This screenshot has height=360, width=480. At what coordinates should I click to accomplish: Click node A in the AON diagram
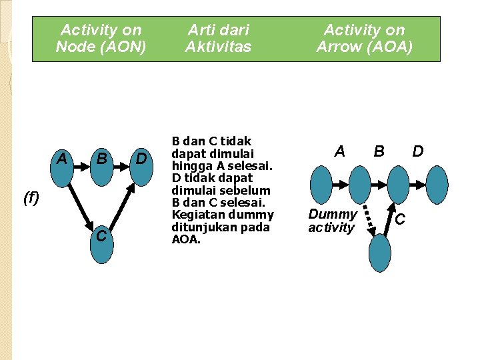coord(62,164)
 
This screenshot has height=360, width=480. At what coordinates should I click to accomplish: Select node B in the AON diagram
coord(102,164)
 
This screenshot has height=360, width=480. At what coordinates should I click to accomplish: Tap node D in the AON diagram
coord(141,164)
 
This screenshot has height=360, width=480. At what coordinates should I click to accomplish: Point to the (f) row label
coord(31,197)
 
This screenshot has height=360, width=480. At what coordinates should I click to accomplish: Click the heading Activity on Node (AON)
coord(101,38)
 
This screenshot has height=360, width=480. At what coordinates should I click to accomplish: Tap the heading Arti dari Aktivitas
coord(218,38)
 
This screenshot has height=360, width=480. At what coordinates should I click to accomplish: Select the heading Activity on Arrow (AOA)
coord(364,38)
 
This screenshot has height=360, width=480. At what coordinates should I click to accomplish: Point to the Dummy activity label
coord(332,221)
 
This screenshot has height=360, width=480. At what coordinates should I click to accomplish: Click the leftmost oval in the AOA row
coord(321,185)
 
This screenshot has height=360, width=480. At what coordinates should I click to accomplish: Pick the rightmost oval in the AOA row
coord(437,185)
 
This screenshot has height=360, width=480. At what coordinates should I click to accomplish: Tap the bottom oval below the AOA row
coord(379,253)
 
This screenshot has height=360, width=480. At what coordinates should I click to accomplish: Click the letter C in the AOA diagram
coord(400,219)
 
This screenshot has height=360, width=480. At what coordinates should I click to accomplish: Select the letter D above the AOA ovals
coord(418,151)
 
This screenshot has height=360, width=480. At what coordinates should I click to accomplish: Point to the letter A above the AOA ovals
coord(339,151)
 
